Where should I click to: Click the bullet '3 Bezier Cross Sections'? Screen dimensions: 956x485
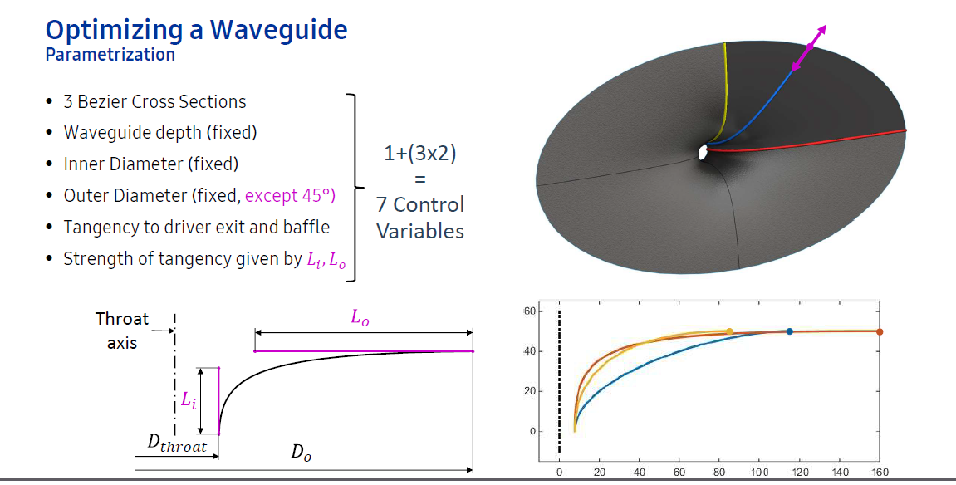[154, 101]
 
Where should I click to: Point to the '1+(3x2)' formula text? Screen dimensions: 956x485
[420, 155]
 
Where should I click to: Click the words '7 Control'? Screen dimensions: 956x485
[420, 205]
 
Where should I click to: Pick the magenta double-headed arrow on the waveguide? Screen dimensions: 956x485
[809, 48]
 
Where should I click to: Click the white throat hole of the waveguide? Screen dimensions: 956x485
[704, 152]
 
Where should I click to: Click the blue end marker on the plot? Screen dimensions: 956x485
[789, 331]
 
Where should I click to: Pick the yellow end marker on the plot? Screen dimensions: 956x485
[729, 331]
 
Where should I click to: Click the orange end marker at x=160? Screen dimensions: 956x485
[880, 331]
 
